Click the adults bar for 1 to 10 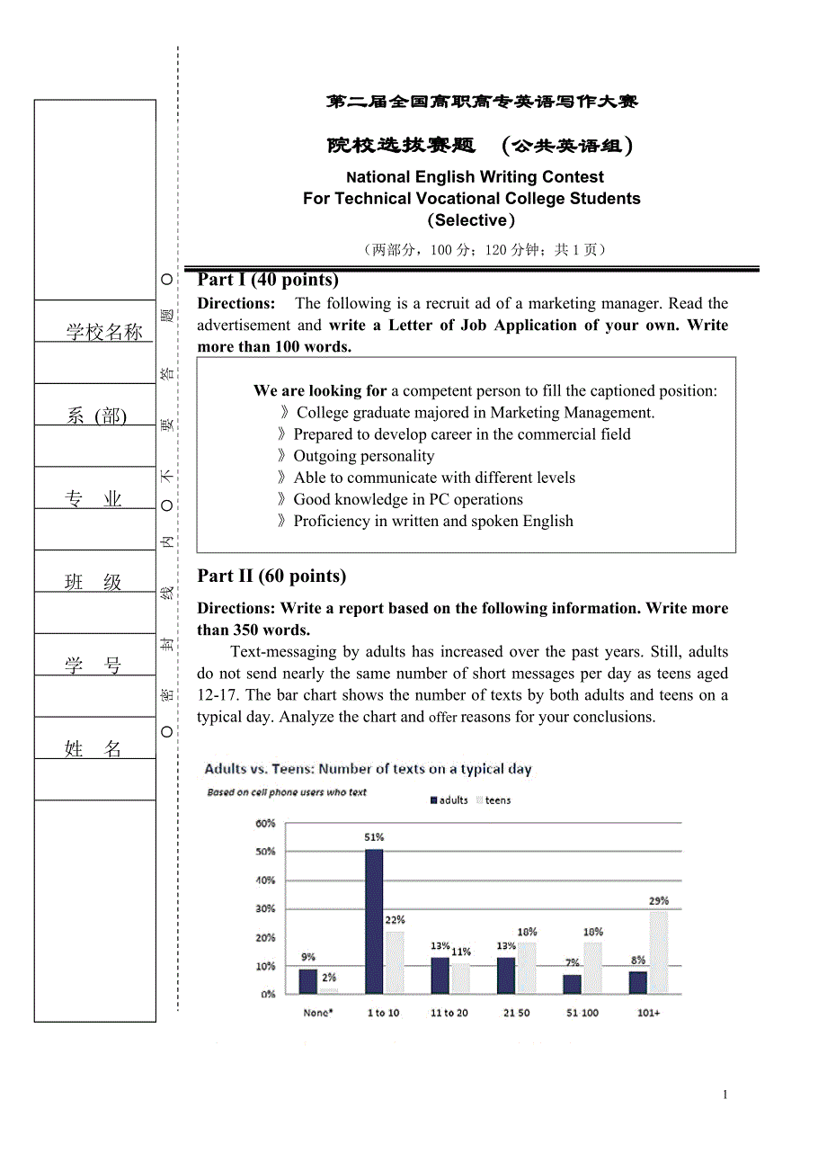374,921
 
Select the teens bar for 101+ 660,952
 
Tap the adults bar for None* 308,981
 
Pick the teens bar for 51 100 593,968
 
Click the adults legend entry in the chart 449,800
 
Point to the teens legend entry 494,800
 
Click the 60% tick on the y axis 266,823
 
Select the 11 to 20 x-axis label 449,1013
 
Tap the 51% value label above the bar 374,837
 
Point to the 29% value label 659,900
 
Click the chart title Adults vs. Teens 368,769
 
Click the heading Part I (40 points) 268,280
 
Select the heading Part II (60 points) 271,577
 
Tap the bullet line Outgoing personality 363,456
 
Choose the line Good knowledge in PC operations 407,499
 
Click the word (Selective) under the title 471,220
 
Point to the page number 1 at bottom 725,1095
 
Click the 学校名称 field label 104,332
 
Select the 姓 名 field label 93,748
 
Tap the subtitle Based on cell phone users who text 287,792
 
